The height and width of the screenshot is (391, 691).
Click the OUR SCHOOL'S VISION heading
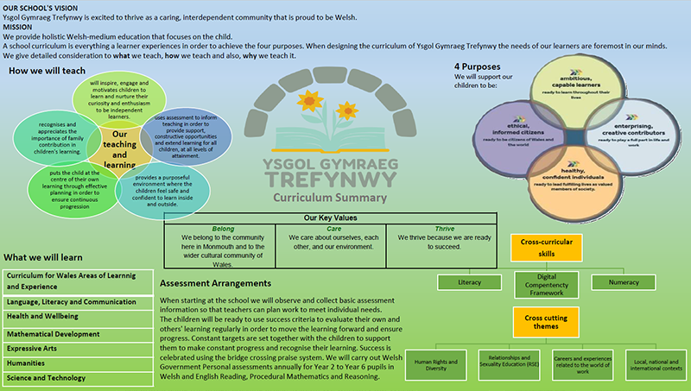point(36,7)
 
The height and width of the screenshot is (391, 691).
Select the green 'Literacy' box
point(470,281)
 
